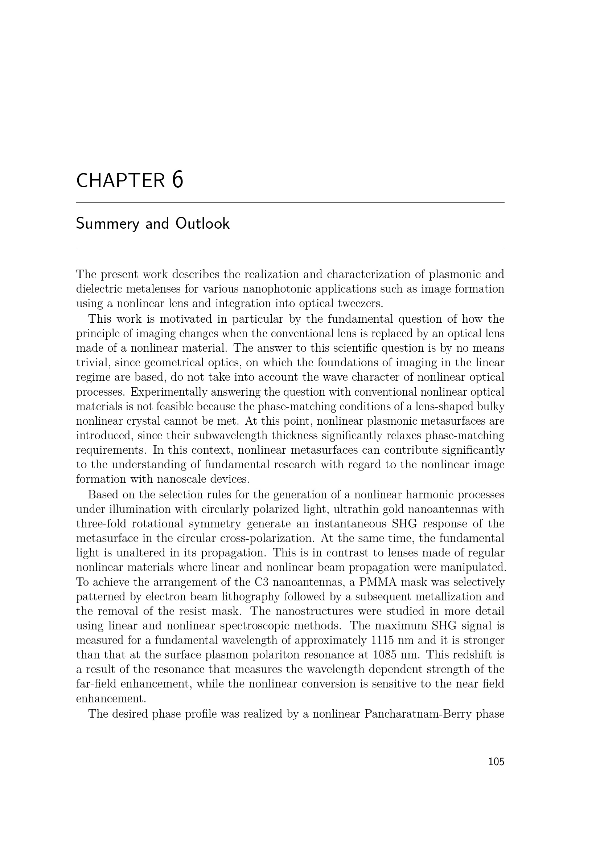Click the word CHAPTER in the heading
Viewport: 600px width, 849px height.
[x=120, y=181]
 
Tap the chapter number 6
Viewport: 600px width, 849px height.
[x=178, y=180]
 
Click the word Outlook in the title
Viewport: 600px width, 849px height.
[x=202, y=223]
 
